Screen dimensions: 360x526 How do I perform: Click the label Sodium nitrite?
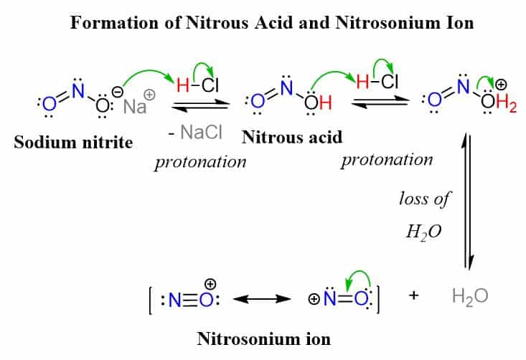(x=73, y=142)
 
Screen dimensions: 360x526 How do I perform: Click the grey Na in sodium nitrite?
(x=134, y=108)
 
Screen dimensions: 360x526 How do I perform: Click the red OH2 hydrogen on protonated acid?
(x=505, y=106)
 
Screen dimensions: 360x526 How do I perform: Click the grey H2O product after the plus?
(x=470, y=296)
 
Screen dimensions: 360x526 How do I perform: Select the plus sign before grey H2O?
(x=413, y=295)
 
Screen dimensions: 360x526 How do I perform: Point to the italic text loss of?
(x=423, y=199)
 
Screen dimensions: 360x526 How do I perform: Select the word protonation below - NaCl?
(x=200, y=161)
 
